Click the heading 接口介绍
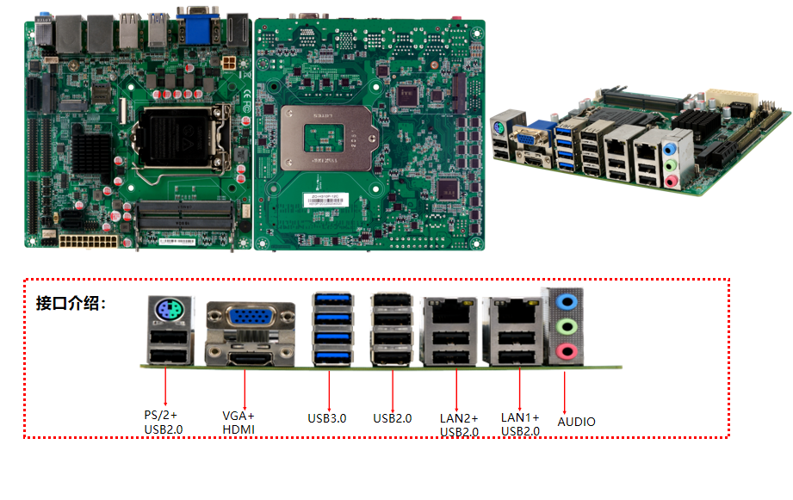(x=71, y=304)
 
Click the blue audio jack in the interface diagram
(x=565, y=302)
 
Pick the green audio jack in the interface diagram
(x=565, y=326)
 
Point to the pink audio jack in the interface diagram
(x=565, y=350)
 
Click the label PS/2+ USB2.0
(x=164, y=422)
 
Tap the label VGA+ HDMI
(x=239, y=422)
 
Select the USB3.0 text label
(x=327, y=419)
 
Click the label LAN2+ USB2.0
(x=459, y=424)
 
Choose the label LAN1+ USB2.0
(x=520, y=423)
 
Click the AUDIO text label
(x=576, y=422)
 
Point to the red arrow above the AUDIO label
(x=565, y=392)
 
